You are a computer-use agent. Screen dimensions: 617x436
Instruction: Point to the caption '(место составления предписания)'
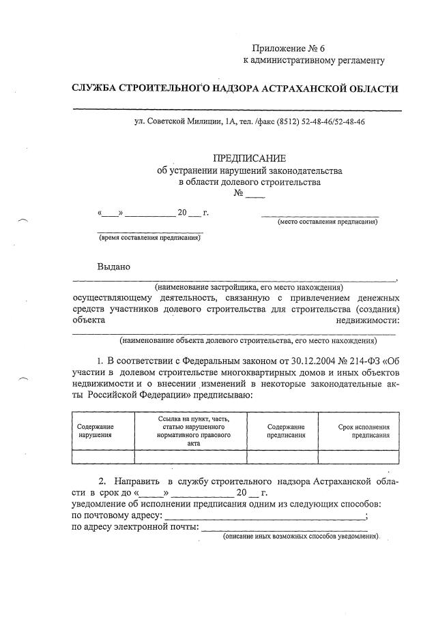click(x=326, y=222)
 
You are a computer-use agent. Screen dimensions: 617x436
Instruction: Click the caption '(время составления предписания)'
click(x=149, y=237)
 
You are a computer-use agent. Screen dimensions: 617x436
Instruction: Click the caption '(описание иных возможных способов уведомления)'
click(x=301, y=537)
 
